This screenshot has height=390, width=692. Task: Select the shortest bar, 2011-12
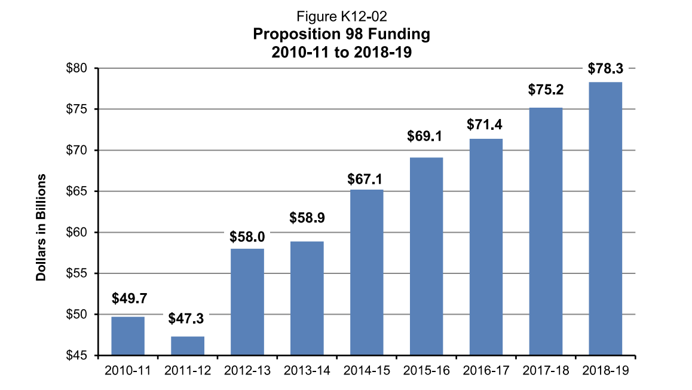(188, 346)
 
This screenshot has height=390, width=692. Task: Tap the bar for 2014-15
(366, 272)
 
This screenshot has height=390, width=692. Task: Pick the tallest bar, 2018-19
(605, 218)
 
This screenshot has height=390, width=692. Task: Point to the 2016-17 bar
(486, 246)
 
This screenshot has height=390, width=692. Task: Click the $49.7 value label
(128, 297)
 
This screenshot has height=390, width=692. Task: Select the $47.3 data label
(188, 318)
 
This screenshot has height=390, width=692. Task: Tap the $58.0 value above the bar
(247, 236)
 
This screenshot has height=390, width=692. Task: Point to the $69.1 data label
(425, 136)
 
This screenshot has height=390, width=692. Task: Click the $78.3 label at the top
(605, 68)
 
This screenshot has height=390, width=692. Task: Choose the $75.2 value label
(546, 90)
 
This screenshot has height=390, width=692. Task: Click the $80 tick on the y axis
(76, 69)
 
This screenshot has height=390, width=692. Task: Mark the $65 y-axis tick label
(76, 191)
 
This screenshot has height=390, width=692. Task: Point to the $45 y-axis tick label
(76, 355)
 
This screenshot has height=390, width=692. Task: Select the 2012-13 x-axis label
(247, 371)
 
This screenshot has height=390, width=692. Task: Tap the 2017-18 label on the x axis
(546, 371)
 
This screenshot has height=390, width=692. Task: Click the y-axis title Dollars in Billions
(41, 227)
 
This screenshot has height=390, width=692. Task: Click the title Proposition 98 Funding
(341, 34)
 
